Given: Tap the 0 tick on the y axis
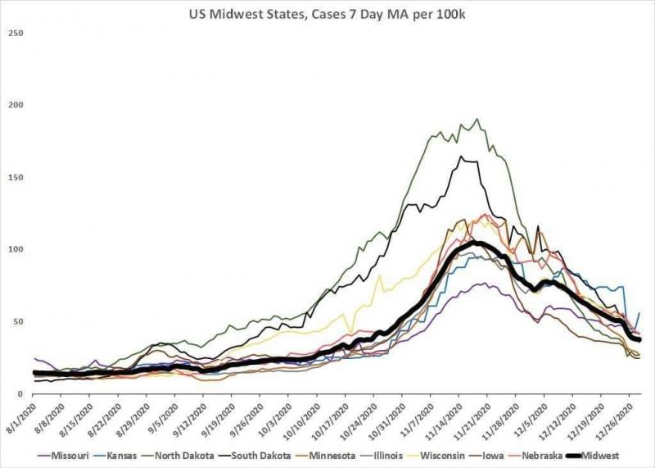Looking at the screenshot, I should pyautogui.click(x=20, y=394).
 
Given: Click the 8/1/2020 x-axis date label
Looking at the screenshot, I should pyautogui.click(x=18, y=418).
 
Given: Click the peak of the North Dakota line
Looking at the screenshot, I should pyautogui.click(x=477, y=119).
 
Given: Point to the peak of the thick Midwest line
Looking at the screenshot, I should pyautogui.click(x=475, y=243).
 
